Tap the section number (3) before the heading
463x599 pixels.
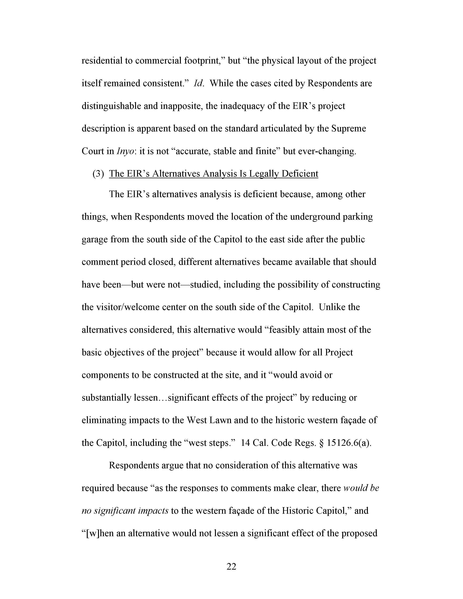(x=98, y=174)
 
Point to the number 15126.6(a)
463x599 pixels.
(x=349, y=443)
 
